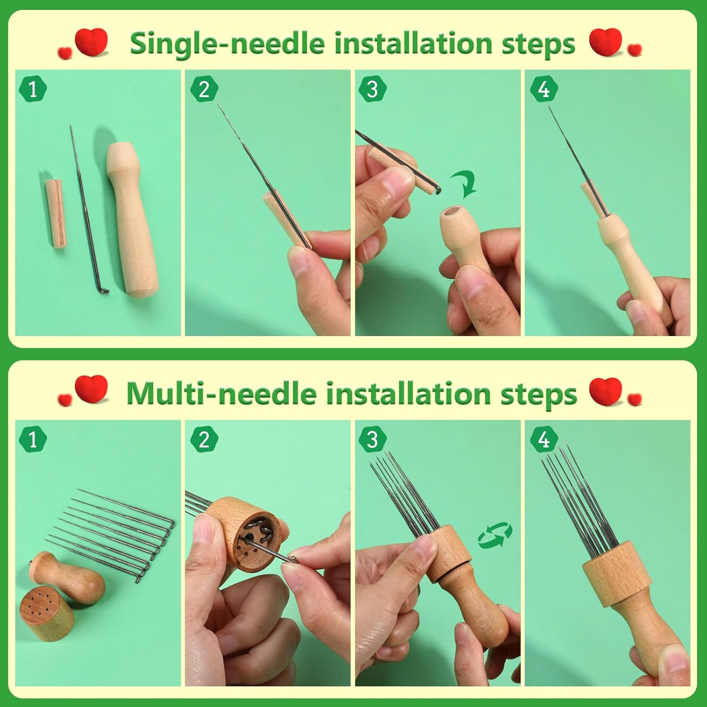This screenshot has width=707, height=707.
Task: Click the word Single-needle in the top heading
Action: point(228,44)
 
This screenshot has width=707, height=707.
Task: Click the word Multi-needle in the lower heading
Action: point(222,394)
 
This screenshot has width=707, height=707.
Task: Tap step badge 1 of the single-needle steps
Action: point(33,89)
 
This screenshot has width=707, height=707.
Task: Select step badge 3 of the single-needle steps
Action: point(372,89)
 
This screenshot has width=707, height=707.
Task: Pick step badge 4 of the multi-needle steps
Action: point(544,439)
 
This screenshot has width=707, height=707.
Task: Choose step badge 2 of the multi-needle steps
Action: point(204,439)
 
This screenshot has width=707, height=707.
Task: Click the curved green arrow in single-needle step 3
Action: point(464,184)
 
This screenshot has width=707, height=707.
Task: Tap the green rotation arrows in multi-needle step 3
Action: point(495,535)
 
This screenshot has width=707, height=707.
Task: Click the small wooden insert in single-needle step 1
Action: point(56,213)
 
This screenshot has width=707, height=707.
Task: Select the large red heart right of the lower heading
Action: point(606,391)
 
